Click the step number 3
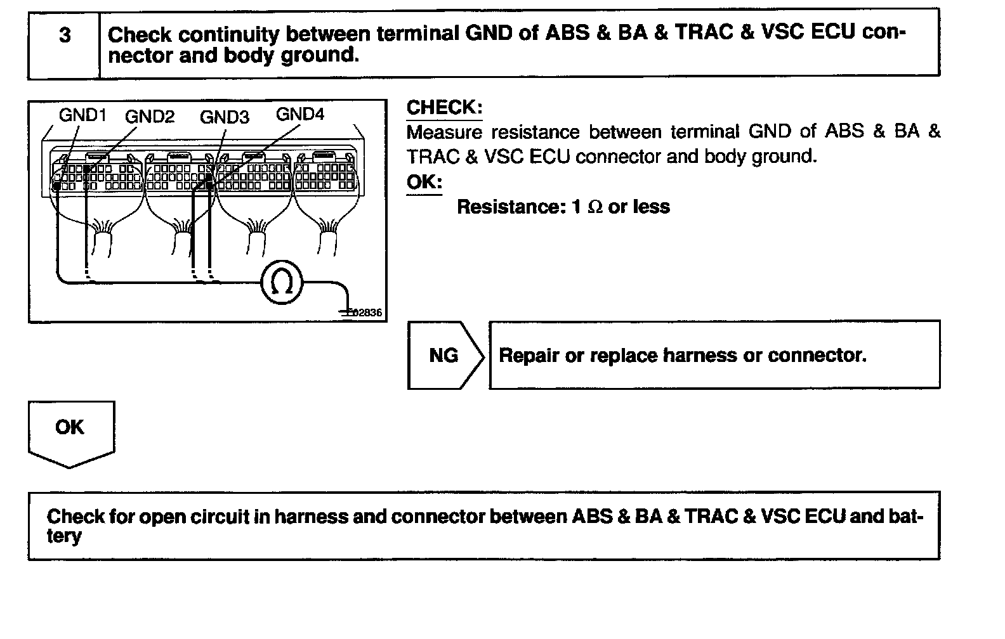(65, 35)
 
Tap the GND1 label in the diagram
(82, 115)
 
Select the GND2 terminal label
(149, 117)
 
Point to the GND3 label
(224, 117)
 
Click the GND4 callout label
(299, 114)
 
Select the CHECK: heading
(444, 108)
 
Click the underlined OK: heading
(424, 182)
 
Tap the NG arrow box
(444, 355)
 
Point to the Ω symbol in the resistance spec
(595, 207)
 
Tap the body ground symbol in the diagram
(347, 311)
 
